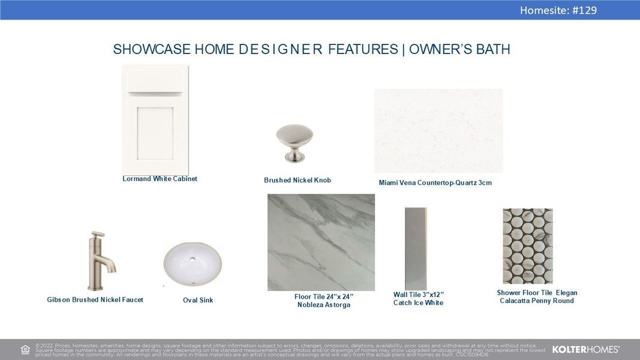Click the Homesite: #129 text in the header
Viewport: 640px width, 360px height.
pyautogui.click(x=558, y=10)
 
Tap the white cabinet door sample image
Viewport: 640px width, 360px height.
pyautogui.click(x=155, y=119)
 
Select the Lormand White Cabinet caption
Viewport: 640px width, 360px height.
pyautogui.click(x=160, y=179)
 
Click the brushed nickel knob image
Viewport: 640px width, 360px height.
pyautogui.click(x=295, y=143)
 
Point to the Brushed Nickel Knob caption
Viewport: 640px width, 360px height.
pyautogui.click(x=297, y=181)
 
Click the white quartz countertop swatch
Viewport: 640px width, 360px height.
pyautogui.click(x=438, y=131)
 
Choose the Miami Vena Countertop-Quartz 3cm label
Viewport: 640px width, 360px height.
pyautogui.click(x=435, y=183)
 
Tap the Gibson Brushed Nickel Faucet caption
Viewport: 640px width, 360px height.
pyautogui.click(x=95, y=300)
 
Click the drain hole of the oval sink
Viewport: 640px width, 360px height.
pyautogui.click(x=193, y=260)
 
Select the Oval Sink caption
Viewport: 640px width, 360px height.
pyautogui.click(x=198, y=301)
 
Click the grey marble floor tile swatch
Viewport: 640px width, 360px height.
pyautogui.click(x=321, y=242)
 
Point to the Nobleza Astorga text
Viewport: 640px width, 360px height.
pyautogui.click(x=323, y=305)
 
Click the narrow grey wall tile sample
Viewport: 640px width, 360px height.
pyautogui.click(x=416, y=248)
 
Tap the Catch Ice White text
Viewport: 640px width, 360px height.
pyautogui.click(x=418, y=303)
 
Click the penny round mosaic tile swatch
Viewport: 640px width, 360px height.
pyautogui.click(x=527, y=246)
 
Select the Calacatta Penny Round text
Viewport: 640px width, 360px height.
pyautogui.click(x=537, y=301)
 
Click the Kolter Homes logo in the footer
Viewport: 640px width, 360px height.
pyautogui.click(x=585, y=349)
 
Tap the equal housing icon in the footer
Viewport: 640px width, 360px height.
pyautogui.click(x=25, y=350)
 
